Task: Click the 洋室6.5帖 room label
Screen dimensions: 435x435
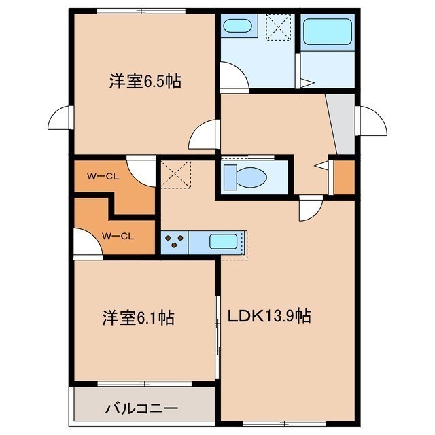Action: [145, 82]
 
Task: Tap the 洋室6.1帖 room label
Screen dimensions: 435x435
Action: [138, 317]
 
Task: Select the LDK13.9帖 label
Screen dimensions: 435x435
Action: [269, 315]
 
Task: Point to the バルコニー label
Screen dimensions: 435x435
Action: [141, 408]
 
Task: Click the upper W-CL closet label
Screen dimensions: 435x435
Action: [103, 177]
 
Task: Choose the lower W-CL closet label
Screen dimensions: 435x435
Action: [118, 237]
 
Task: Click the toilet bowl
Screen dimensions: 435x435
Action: [245, 177]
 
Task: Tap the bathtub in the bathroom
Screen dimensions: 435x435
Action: [328, 32]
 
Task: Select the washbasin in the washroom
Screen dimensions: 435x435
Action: [237, 26]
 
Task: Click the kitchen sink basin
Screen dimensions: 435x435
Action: [224, 242]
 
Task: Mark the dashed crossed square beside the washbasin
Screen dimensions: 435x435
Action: [279, 27]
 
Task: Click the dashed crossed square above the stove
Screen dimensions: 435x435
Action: [176, 174]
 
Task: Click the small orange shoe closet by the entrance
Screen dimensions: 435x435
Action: [344, 177]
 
